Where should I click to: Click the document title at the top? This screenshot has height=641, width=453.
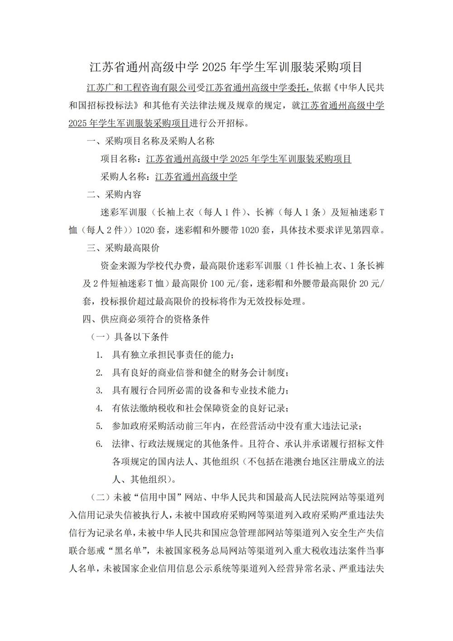[226, 67]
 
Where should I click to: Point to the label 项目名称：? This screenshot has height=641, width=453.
[121, 159]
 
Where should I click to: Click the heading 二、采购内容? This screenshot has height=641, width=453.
[114, 195]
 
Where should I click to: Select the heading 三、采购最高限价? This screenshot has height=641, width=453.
[123, 248]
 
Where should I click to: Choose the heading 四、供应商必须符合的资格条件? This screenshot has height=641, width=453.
[145, 320]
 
